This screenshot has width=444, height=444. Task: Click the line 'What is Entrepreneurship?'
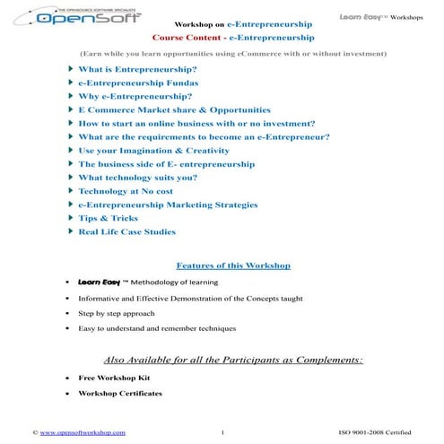137,69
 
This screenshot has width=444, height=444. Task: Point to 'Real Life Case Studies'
126,231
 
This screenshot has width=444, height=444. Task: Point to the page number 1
222,433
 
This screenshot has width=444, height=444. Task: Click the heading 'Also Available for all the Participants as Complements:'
233,359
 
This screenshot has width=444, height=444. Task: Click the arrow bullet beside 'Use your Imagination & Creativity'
71,150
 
